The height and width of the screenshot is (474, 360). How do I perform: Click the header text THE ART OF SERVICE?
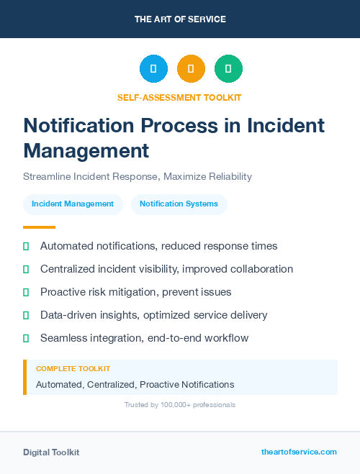(180, 19)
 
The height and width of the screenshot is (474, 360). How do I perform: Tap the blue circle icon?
(153, 69)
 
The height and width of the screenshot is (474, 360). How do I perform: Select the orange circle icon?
(191, 69)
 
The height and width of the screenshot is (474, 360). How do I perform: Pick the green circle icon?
(228, 69)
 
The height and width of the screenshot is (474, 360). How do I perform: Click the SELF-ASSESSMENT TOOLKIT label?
(180, 97)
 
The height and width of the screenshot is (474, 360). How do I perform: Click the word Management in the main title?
(86, 150)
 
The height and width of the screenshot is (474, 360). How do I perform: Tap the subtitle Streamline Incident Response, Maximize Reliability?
(138, 176)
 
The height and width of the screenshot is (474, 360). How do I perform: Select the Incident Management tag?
(73, 204)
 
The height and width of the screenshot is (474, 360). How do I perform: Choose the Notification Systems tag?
(179, 204)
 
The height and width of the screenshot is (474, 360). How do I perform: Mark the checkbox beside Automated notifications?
(26, 246)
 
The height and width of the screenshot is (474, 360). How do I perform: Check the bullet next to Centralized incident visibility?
(26, 269)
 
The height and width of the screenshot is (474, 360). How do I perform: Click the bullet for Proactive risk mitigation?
(26, 292)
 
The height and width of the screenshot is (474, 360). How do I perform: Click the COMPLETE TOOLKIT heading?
(73, 368)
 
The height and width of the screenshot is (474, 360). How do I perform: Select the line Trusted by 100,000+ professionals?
(180, 405)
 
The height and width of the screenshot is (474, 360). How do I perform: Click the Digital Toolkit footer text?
(51, 452)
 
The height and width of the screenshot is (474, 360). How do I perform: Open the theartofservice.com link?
(299, 452)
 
